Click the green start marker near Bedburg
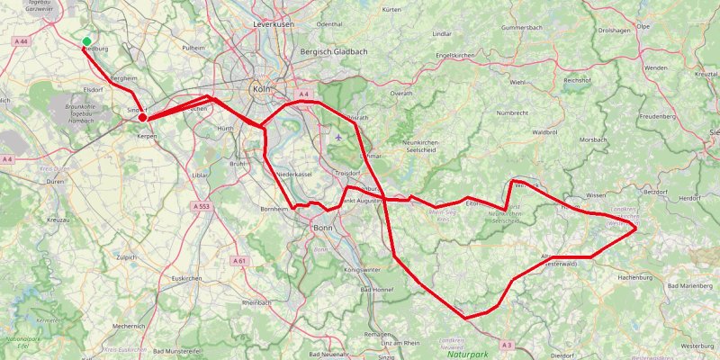86,41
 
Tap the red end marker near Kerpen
143,117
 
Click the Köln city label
262,90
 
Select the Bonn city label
322,228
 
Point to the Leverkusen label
274,24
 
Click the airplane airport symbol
337,138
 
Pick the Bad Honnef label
377,290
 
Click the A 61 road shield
238,260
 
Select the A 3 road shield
507,345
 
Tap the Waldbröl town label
546,132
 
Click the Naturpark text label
468,355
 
